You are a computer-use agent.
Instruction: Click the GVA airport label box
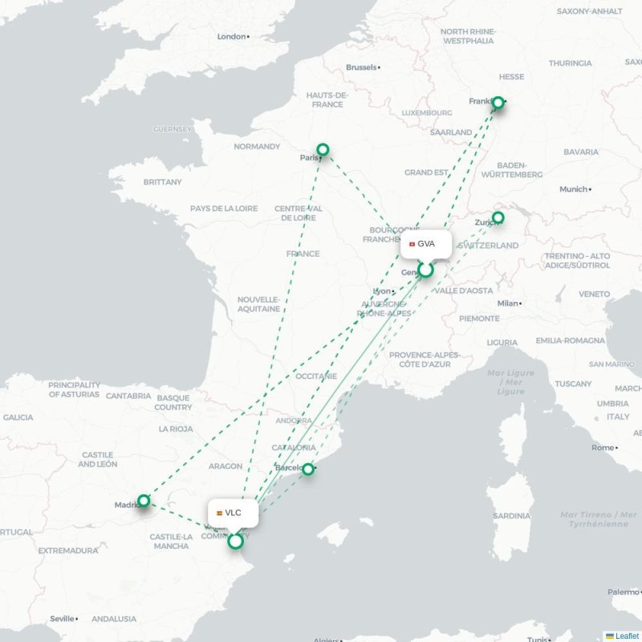pyautogui.click(x=425, y=244)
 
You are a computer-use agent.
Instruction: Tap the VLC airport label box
pyautogui.click(x=233, y=513)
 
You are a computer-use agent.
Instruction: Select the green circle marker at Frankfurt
pyautogui.click(x=498, y=103)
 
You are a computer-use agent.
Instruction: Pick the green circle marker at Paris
pyautogui.click(x=323, y=149)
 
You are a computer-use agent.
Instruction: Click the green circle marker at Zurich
pyautogui.click(x=498, y=217)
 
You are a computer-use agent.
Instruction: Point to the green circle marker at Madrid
pyautogui.click(x=144, y=501)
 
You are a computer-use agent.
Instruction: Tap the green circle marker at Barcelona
pyautogui.click(x=307, y=469)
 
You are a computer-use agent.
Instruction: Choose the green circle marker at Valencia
pyautogui.click(x=235, y=542)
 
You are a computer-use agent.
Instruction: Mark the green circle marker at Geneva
pyautogui.click(x=425, y=270)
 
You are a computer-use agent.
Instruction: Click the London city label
pyautogui.click(x=231, y=36)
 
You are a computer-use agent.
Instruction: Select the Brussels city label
pyautogui.click(x=361, y=67)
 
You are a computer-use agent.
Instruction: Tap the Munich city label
pyautogui.click(x=574, y=189)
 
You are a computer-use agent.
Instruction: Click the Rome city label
pyautogui.click(x=603, y=448)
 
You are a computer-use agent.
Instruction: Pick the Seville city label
pyautogui.click(x=62, y=619)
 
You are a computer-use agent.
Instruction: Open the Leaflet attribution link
pyautogui.click(x=627, y=636)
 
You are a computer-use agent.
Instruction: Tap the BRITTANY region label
pyautogui.click(x=163, y=182)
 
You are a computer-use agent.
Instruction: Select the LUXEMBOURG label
pyautogui.click(x=428, y=113)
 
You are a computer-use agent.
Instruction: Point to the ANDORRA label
pyautogui.click(x=294, y=421)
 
